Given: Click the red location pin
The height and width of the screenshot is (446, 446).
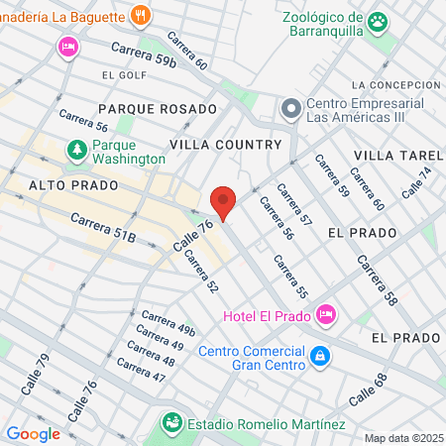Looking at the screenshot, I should click(223, 201).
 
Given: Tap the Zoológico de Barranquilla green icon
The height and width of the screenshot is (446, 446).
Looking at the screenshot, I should click(378, 21).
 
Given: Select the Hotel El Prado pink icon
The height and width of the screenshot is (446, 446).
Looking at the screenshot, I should click(326, 315).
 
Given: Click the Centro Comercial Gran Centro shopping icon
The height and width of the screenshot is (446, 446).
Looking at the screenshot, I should click(319, 355).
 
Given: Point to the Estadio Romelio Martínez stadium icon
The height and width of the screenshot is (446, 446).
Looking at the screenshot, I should click(173, 423).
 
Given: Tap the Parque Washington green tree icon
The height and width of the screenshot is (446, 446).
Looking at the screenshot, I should click(76, 150).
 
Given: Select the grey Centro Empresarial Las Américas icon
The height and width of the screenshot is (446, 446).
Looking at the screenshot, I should click(290, 107).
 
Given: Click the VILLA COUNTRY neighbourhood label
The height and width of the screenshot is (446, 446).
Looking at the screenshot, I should click(226, 145).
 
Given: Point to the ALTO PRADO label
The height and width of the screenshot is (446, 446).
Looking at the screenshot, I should click(73, 185).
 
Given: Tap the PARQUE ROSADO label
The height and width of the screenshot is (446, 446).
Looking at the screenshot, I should click(157, 108).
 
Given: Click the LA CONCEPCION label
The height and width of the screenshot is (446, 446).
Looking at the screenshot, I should click(393, 85).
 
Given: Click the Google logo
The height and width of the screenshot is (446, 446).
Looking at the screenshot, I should click(33, 433).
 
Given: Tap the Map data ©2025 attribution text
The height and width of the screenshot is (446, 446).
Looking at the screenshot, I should click(403, 438).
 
